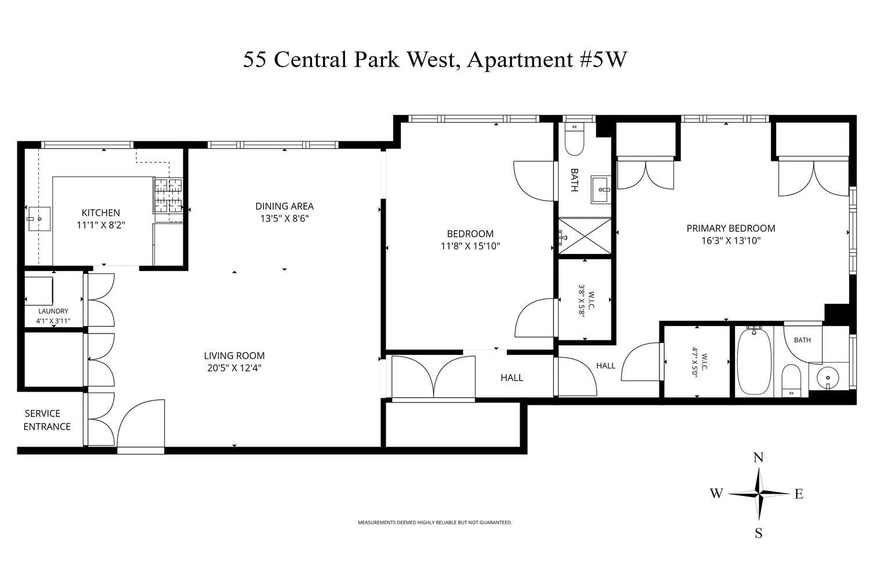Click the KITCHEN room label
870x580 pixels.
click(100, 212)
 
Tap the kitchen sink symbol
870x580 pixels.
click(39, 219)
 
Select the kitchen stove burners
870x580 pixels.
click(168, 196)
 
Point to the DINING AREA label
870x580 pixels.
click(284, 206)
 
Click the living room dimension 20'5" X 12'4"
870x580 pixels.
click(234, 368)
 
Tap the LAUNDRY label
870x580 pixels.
click(53, 311)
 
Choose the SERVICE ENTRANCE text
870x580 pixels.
click(47, 420)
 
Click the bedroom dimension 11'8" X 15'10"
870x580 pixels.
click(470, 246)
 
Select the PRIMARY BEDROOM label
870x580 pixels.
click(731, 229)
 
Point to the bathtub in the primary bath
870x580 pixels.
click(754, 361)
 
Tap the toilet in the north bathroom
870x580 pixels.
click(574, 140)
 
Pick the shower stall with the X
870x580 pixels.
click(585, 236)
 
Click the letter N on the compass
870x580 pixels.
click(759, 458)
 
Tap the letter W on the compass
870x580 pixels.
click(716, 494)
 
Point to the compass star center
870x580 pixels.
click(759, 494)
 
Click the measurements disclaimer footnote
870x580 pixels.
click(434, 523)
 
